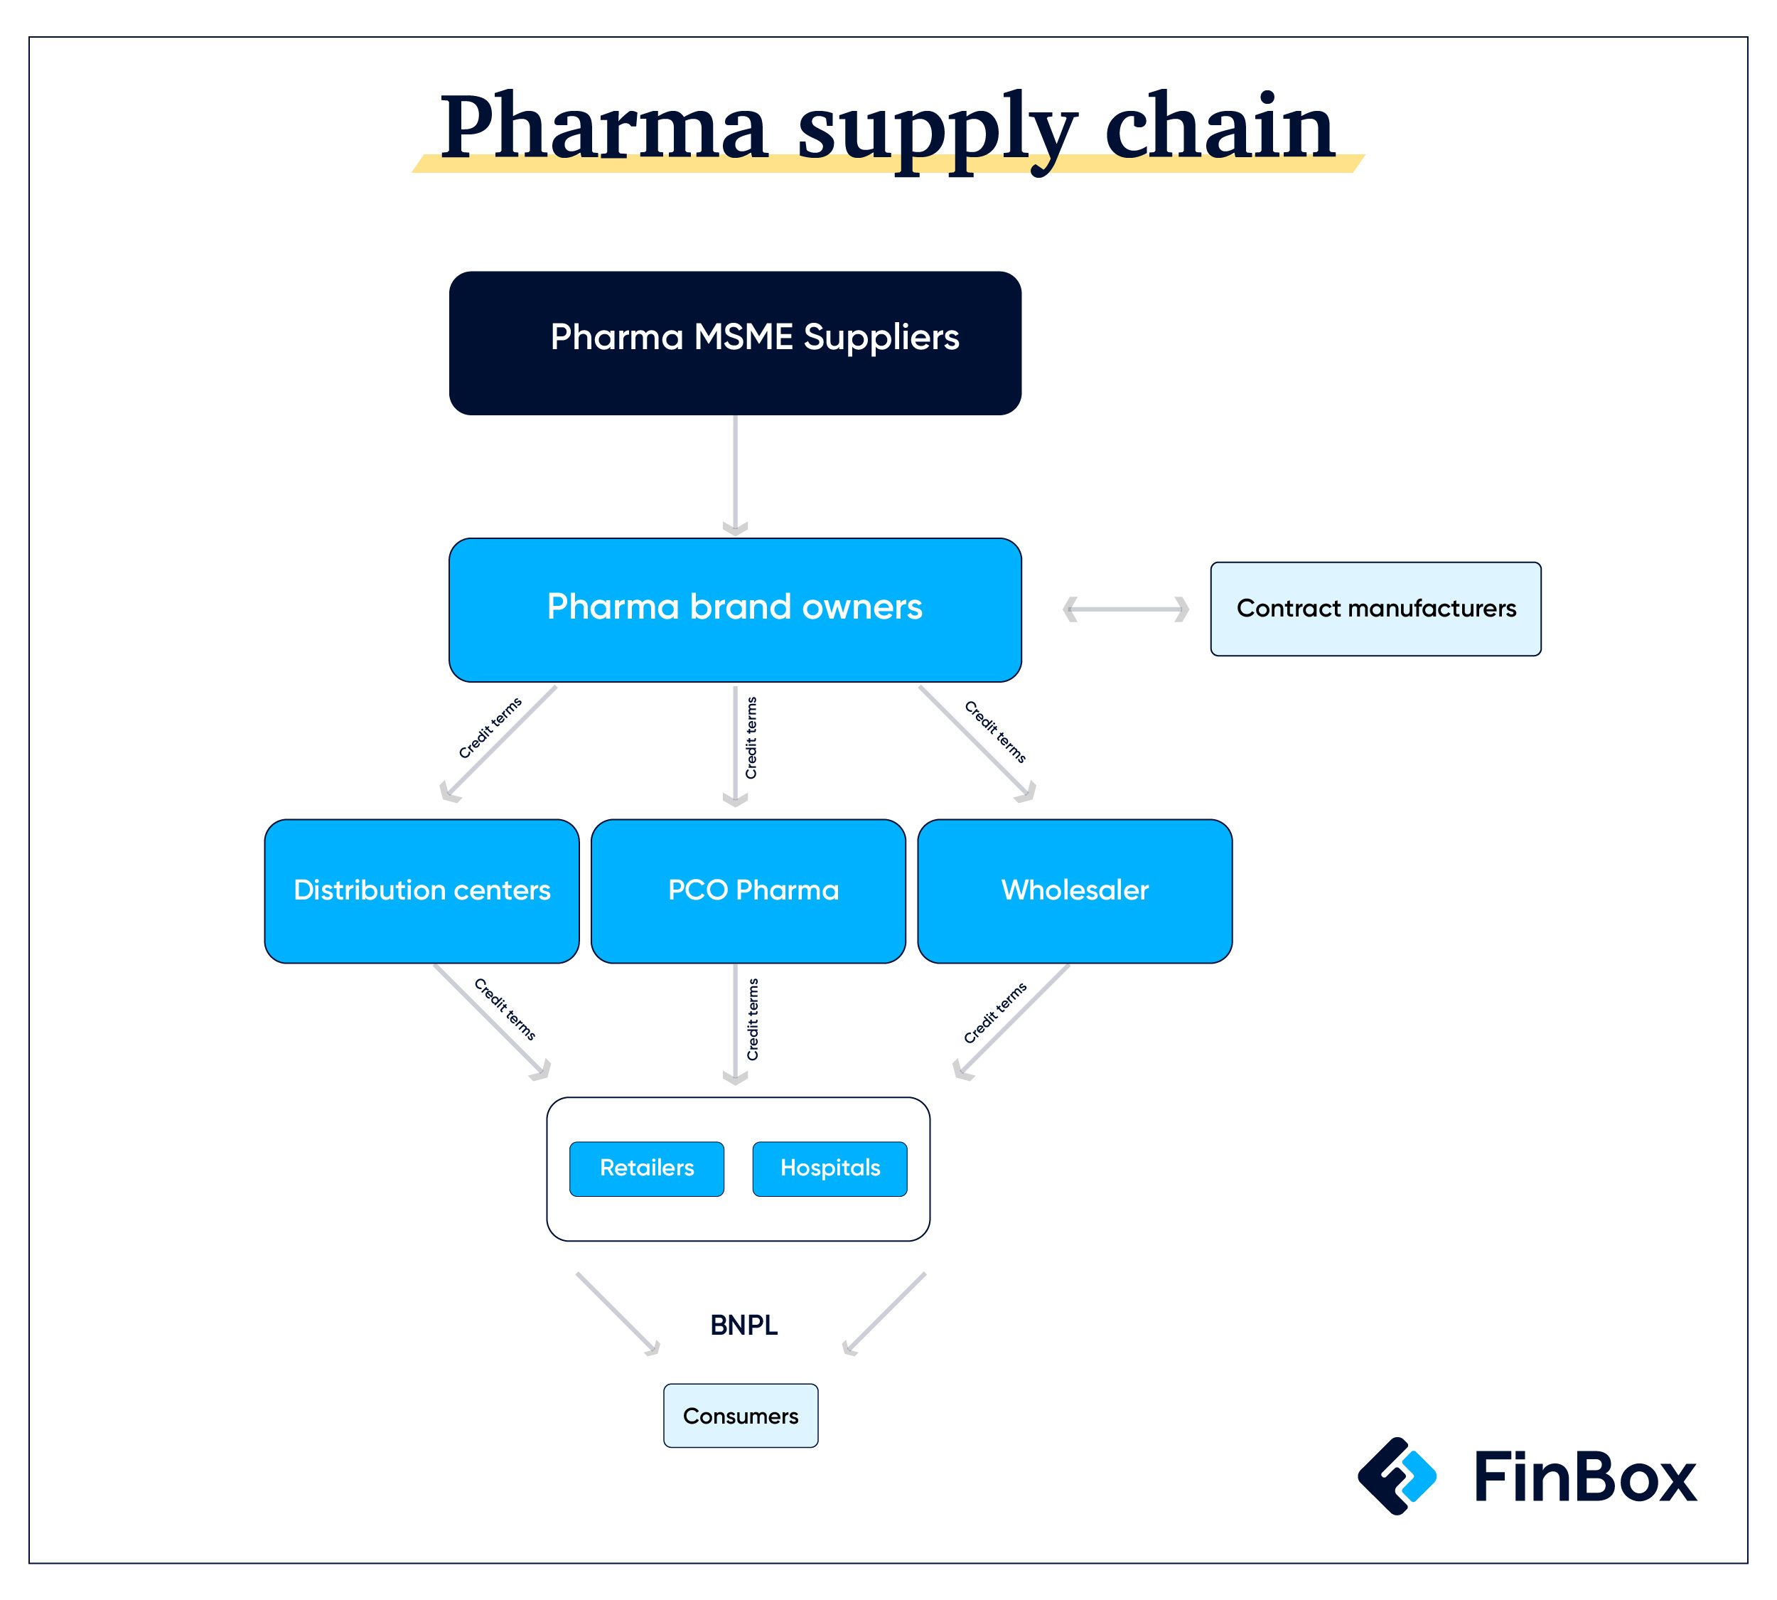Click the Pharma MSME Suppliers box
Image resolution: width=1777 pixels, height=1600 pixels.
[x=735, y=343]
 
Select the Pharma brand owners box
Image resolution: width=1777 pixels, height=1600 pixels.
[x=735, y=610]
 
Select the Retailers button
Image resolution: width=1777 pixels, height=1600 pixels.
[x=647, y=1168]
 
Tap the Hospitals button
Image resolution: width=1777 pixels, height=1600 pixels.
[x=830, y=1168]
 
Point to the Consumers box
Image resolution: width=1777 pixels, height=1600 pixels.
[x=741, y=1415]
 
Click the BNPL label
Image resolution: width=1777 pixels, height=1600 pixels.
[x=743, y=1325]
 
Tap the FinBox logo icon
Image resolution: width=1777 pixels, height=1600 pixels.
[x=1397, y=1476]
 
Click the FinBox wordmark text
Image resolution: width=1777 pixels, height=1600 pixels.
[x=1585, y=1477]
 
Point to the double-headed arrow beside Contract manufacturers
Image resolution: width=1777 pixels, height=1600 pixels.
[x=1126, y=609]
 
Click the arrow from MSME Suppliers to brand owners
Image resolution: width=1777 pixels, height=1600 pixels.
[x=735, y=476]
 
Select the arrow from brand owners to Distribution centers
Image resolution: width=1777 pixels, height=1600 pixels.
[x=498, y=744]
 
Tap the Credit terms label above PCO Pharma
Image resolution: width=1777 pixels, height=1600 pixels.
[x=751, y=737]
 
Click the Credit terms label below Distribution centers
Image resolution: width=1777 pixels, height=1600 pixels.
[x=505, y=1009]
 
